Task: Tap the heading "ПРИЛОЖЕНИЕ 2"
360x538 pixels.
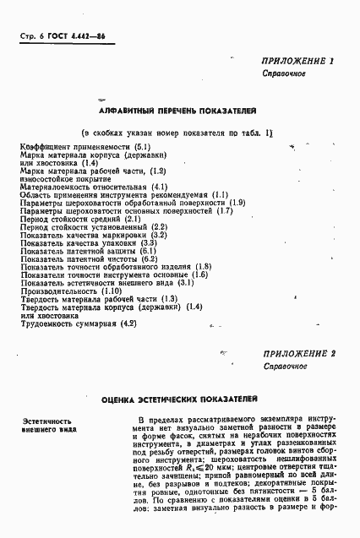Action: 299,353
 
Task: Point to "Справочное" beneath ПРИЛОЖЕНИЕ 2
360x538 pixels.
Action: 283,367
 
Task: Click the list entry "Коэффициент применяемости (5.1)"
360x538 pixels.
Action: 85,148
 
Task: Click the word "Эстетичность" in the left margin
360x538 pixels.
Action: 46,420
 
